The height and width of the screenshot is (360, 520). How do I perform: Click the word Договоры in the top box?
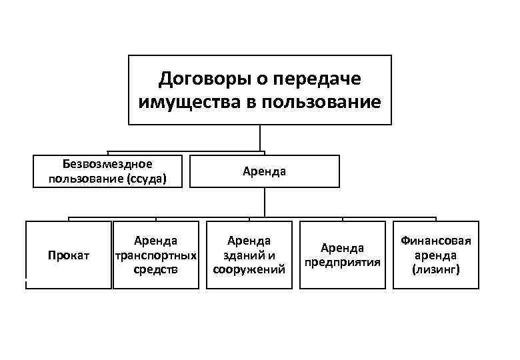point(199,79)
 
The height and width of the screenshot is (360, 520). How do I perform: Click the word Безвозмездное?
point(107,164)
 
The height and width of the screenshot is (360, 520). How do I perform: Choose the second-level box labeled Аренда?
point(264,171)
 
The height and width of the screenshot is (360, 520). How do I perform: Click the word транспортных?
point(156,255)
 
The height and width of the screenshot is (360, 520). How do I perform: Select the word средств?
point(156,269)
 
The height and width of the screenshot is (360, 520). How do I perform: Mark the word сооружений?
point(249,269)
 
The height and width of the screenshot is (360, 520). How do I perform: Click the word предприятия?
point(342,262)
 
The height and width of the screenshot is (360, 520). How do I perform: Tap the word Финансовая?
point(435,241)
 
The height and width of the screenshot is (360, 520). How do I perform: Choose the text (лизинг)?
point(435,269)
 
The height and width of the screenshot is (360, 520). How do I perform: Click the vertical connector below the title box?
point(260,138)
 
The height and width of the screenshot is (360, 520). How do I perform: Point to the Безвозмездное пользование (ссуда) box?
point(107,171)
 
